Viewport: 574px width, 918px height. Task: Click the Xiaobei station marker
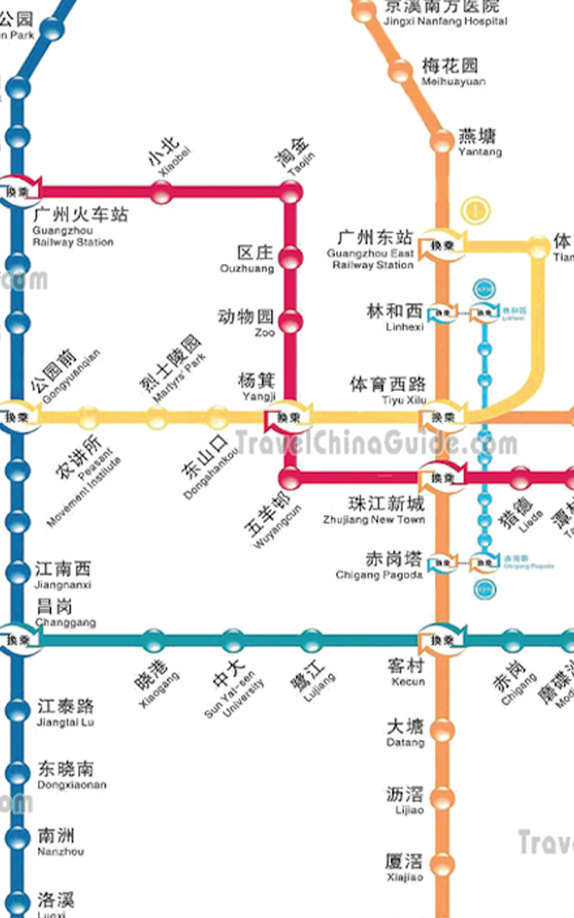coord(161,191)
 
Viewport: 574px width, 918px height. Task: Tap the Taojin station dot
coord(291,191)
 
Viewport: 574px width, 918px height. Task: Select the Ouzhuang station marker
coord(290,257)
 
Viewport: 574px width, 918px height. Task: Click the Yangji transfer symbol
coord(288,417)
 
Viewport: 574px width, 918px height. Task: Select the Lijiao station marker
coord(443,798)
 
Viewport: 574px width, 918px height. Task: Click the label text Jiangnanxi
coord(64,585)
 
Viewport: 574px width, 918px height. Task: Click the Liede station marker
coord(521,477)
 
